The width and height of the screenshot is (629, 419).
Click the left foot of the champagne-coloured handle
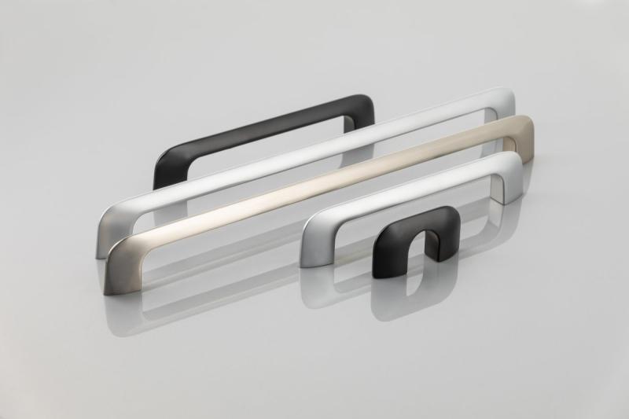click(x=116, y=267)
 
